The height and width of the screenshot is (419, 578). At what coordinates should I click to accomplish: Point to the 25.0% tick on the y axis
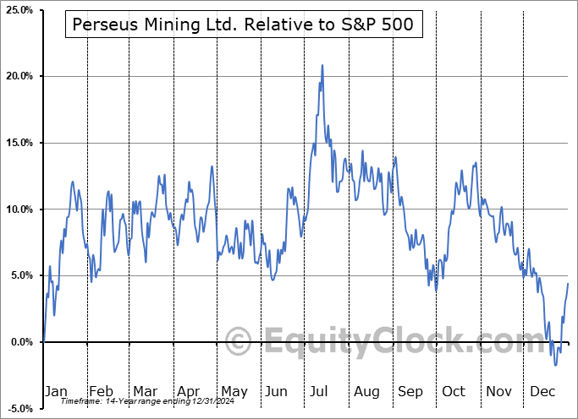click(18, 10)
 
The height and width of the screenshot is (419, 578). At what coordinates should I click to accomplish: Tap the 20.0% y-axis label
click(18, 77)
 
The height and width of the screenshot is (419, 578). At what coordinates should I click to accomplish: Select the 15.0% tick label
click(18, 143)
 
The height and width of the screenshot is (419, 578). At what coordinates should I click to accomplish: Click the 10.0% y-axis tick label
click(18, 209)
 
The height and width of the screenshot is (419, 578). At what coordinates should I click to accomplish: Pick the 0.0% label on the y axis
click(19, 342)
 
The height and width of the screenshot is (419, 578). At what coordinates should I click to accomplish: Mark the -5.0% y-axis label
click(18, 408)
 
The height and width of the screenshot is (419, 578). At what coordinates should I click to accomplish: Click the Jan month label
click(56, 391)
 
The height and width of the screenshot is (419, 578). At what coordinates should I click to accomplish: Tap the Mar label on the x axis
click(145, 391)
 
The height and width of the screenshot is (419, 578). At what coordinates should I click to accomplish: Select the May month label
click(234, 391)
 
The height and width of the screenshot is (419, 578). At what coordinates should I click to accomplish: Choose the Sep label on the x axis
click(410, 391)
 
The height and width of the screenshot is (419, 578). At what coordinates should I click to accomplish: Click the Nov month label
click(499, 391)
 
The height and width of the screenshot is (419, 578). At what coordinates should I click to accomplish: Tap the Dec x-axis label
click(543, 391)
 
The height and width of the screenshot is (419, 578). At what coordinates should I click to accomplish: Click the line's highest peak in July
click(322, 65)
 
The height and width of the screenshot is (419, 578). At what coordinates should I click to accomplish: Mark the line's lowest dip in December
click(556, 364)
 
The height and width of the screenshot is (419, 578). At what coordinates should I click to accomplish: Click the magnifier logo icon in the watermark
click(240, 342)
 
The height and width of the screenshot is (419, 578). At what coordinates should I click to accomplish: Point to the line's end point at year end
click(568, 283)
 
